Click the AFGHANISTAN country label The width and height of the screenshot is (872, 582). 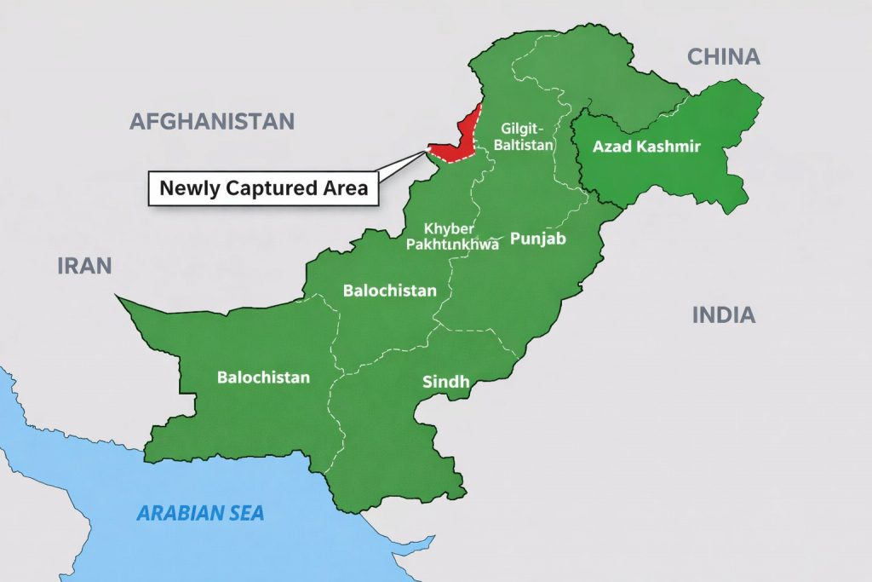point(212,121)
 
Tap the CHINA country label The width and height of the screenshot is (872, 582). point(723,57)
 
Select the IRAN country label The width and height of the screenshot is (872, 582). point(84,265)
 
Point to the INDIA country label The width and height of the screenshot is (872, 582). point(723,315)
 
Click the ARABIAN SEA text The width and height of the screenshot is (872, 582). point(201,513)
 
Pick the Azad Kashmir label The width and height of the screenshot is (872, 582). point(646,147)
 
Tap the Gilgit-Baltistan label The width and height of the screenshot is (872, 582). point(527,136)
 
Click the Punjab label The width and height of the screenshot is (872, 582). point(537,239)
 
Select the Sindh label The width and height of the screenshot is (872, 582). point(445,382)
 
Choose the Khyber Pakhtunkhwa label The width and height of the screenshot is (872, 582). point(452,236)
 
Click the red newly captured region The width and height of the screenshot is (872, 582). point(460,141)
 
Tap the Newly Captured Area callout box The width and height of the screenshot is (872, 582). point(264,188)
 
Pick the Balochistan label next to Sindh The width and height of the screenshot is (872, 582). point(263,377)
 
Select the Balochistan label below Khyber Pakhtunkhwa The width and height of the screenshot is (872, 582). point(389,291)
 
